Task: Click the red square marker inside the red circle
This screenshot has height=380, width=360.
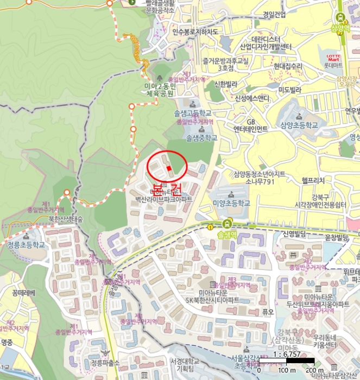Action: [169, 168]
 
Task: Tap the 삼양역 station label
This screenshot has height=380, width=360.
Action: [341, 28]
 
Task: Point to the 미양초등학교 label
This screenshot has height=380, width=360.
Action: [231, 203]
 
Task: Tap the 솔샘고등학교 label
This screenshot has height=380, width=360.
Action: [192, 113]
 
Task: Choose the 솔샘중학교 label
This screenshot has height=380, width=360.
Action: [201, 138]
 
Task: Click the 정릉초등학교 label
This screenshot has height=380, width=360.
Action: [26, 244]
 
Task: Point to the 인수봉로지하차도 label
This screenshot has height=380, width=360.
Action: [195, 32]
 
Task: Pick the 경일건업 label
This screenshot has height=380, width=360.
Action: [274, 15]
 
